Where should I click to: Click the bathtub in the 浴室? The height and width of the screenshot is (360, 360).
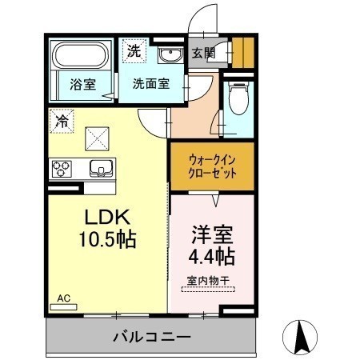(81, 56)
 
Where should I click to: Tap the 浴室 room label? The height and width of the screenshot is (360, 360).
(82, 85)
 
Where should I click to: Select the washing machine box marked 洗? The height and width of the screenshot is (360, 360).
(134, 51)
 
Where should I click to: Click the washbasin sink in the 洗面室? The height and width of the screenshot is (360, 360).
(170, 55)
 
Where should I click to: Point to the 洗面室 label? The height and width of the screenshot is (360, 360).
(151, 84)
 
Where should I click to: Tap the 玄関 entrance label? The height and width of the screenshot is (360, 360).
(203, 53)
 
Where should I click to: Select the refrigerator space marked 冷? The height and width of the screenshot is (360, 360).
(62, 121)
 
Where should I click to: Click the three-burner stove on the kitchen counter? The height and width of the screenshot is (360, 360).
(62, 169)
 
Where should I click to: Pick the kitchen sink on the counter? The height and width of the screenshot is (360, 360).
(101, 169)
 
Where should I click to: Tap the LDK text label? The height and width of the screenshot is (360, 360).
(107, 217)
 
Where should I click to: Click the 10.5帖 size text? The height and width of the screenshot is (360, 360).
(107, 239)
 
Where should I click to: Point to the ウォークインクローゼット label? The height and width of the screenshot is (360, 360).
(212, 167)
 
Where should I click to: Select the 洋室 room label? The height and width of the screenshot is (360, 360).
(212, 234)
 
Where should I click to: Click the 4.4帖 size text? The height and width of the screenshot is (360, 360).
(212, 256)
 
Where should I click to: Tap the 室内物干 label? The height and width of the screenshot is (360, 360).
(208, 281)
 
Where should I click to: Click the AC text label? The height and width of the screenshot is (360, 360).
(64, 298)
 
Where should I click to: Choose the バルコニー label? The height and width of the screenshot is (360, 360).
(152, 337)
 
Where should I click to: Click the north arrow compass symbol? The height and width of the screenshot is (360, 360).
(300, 337)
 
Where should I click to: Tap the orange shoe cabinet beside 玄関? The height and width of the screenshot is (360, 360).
(243, 53)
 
